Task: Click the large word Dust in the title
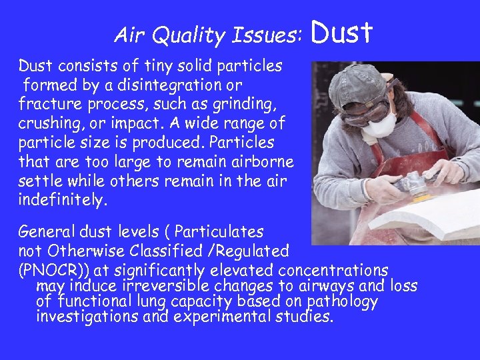pos(341,32)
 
